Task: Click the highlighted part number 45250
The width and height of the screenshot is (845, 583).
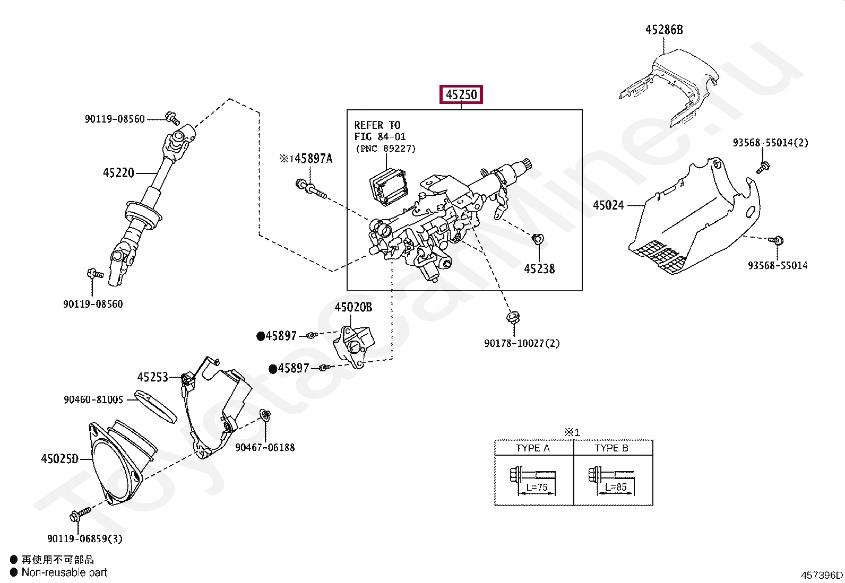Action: (461, 94)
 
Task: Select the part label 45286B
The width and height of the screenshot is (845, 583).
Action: (664, 30)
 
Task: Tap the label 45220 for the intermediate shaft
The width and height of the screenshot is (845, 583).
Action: (118, 173)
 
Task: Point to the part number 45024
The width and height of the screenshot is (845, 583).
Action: (608, 205)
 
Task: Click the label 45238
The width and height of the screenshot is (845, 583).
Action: (539, 269)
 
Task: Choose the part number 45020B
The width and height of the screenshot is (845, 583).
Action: (353, 307)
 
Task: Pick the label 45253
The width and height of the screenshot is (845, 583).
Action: (153, 377)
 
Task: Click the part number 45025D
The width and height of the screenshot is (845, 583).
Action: (59, 458)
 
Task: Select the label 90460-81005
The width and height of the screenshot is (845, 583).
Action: (93, 399)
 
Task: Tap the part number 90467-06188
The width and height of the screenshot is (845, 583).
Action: (265, 447)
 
